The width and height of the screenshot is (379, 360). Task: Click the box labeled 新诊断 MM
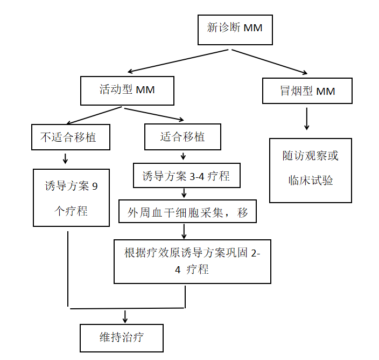(x=235, y=27)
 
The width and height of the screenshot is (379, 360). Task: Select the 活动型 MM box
(x=127, y=90)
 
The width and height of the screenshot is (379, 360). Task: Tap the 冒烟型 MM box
(x=307, y=91)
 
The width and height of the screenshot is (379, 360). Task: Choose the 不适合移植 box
(x=71, y=137)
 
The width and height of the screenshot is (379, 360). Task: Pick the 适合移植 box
(x=183, y=137)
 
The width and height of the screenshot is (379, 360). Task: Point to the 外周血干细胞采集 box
(x=187, y=212)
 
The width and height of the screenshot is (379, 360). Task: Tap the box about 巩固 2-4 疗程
(x=192, y=261)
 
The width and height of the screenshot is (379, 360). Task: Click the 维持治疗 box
(x=122, y=338)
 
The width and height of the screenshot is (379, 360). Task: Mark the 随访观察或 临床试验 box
(x=311, y=170)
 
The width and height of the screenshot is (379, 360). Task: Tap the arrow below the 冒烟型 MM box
(x=307, y=119)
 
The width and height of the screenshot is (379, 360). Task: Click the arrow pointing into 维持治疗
(x=125, y=316)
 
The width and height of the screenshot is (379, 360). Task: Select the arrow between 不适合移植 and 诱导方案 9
(x=66, y=158)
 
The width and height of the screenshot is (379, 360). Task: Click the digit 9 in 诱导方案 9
(x=95, y=187)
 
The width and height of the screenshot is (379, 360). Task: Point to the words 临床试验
(x=311, y=181)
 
